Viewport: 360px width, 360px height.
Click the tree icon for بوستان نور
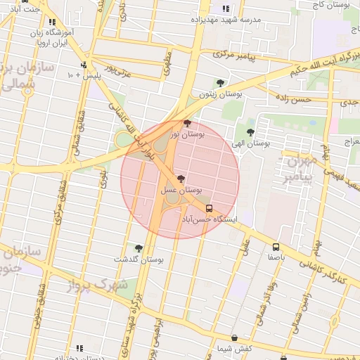point(186,123)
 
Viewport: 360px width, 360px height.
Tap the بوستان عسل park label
point(181,190)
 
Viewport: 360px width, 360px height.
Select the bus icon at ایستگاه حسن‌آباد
point(209,208)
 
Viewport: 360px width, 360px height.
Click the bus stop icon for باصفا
point(276,247)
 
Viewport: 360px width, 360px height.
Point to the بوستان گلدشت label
point(142,259)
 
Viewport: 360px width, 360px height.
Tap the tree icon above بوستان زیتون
point(221,83)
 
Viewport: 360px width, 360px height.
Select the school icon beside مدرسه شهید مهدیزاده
point(225,9)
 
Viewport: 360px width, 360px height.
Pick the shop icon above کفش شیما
point(234,337)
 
